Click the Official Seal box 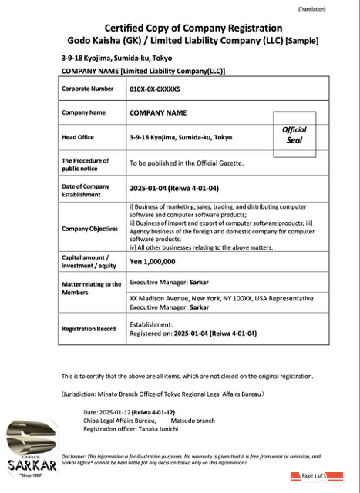pyautogui.click(x=294, y=134)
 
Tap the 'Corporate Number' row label pyautogui.click(x=87, y=89)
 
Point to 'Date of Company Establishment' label pyautogui.click(x=86, y=190)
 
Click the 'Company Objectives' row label pyautogui.click(x=89, y=229)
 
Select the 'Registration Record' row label pyautogui.click(x=89, y=329)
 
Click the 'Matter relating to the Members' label pyautogui.click(x=91, y=288)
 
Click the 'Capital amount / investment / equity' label pyautogui.click(x=86, y=261)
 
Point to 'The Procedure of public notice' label pyautogui.click(x=85, y=163)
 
